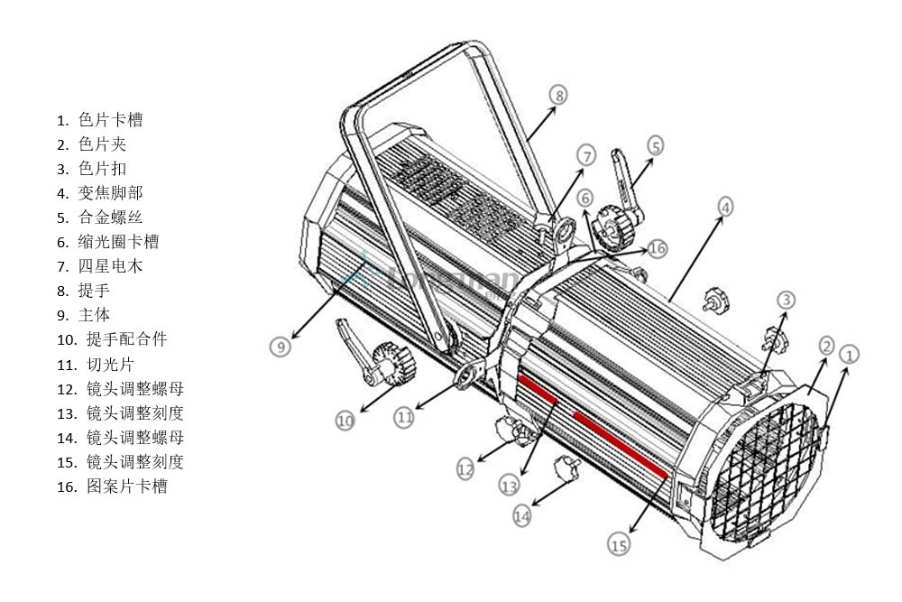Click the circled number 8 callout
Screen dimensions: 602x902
pos(558,95)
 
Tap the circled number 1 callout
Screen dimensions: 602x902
pos(849,353)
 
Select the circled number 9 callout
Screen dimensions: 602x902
pos(281,345)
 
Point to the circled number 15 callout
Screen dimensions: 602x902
pos(618,544)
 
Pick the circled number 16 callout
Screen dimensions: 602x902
pos(657,247)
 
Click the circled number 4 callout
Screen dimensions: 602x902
pos(725,207)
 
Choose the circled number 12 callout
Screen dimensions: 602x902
pos(465,468)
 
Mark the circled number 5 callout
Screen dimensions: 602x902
pos(655,144)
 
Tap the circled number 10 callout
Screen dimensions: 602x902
pos(345,420)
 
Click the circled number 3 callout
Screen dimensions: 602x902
pos(787,300)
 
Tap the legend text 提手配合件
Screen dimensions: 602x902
pos(126,339)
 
